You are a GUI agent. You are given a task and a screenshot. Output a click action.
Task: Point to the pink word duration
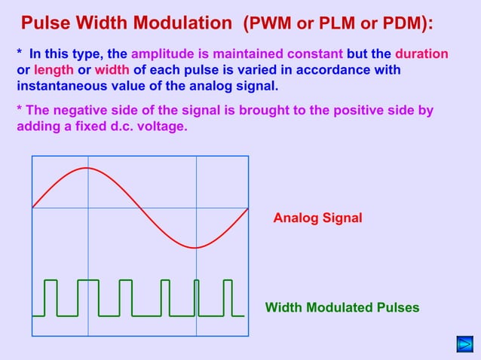[x=421, y=54]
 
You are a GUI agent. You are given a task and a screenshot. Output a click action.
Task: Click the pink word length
[x=53, y=70]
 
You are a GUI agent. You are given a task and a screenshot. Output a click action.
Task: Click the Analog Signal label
[x=317, y=218]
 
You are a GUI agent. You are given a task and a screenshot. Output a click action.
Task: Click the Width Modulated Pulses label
[x=342, y=307]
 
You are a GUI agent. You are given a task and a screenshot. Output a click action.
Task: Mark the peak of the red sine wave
[x=87, y=168]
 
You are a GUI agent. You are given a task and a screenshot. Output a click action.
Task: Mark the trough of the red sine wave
[x=196, y=247]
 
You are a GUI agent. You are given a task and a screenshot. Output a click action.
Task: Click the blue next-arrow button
[x=464, y=345]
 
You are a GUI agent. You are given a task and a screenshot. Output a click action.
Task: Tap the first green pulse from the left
[x=51, y=297]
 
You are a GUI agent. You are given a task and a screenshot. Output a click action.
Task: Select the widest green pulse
[x=88, y=297]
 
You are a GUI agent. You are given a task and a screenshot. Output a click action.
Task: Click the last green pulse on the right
[x=228, y=297]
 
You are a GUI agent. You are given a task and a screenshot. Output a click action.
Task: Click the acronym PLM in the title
[x=337, y=23]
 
